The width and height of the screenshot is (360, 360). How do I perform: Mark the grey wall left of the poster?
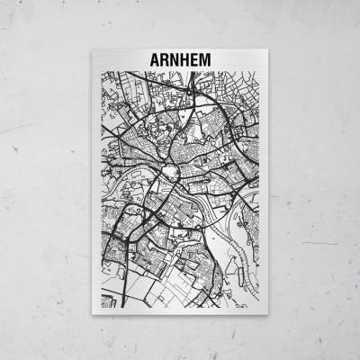[45, 180]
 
